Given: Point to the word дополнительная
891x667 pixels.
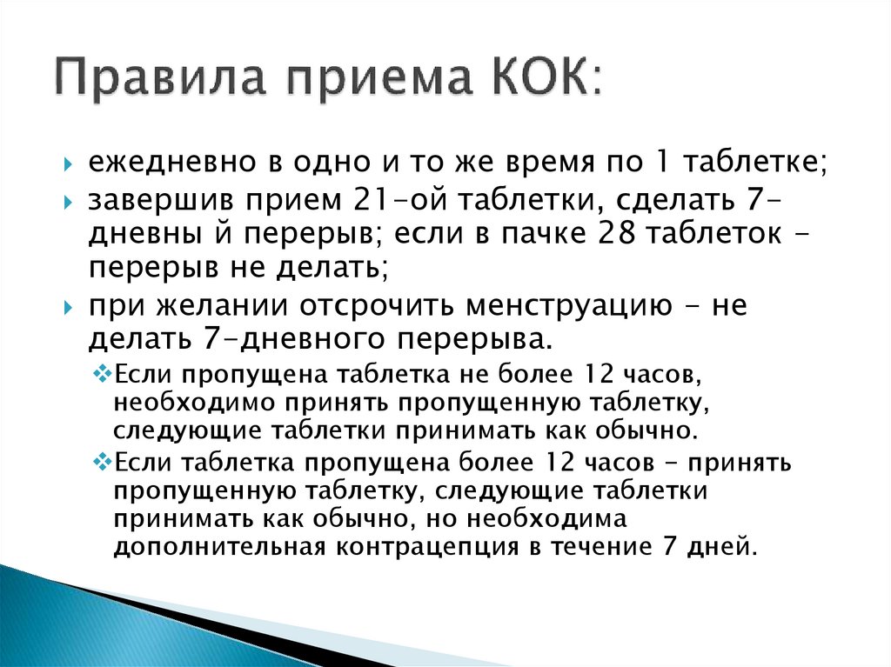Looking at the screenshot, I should (x=218, y=547).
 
